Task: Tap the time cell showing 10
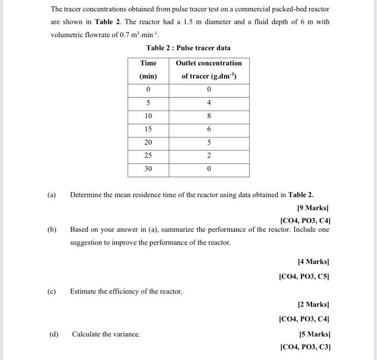pos(148,116)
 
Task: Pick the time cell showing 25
pos(148,155)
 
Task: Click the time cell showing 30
pos(148,169)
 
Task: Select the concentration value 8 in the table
pos(209,116)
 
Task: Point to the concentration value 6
pos(209,129)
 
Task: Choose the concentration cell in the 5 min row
pos(209,103)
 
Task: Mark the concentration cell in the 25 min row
pos(209,155)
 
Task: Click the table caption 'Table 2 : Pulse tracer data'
pos(188,48)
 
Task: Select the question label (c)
pos(52,292)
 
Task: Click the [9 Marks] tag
pos(313,207)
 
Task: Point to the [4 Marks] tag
pos(313,261)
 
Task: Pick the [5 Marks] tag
pos(313,334)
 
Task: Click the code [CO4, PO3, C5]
pos(305,276)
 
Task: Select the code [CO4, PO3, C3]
pos(305,347)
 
